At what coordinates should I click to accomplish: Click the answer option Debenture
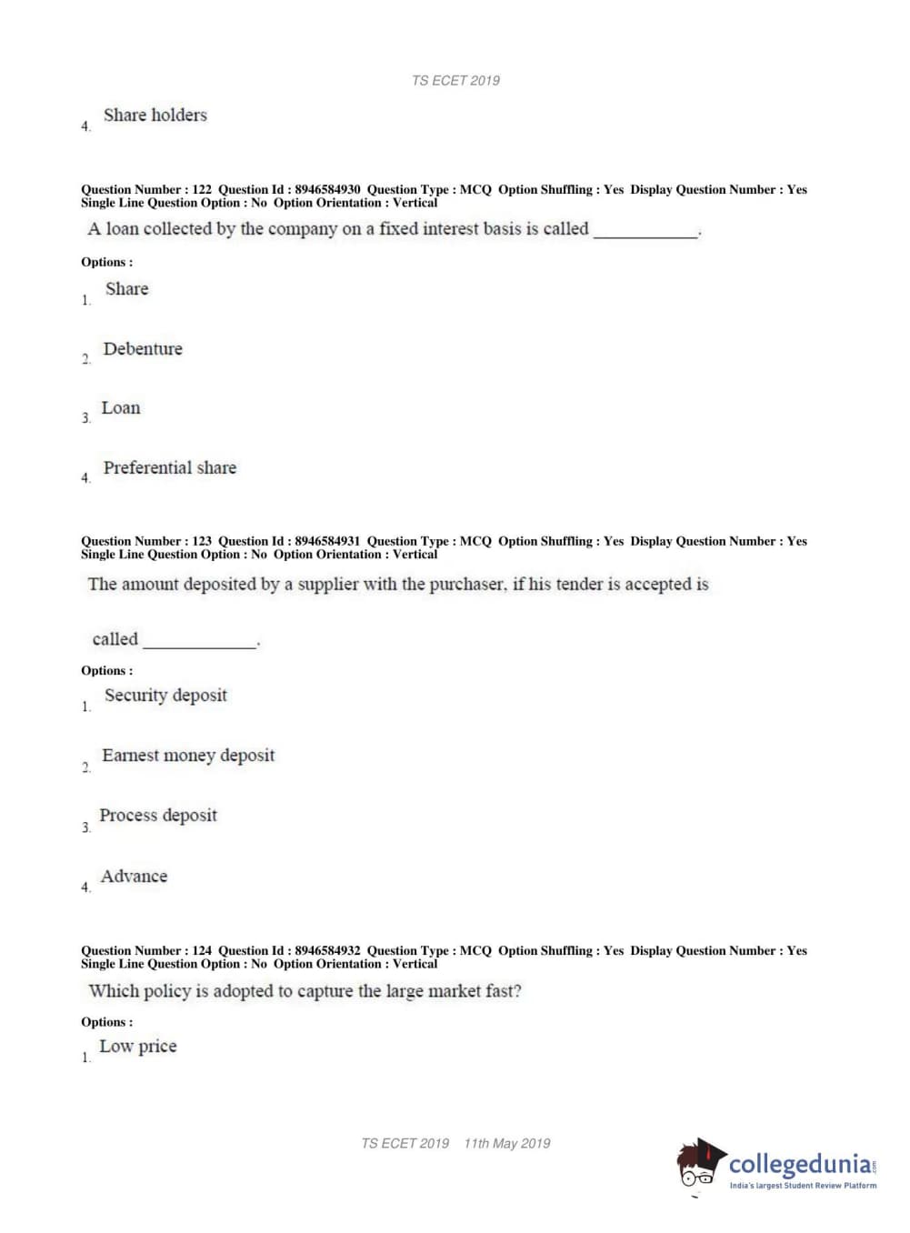pyautogui.click(x=143, y=349)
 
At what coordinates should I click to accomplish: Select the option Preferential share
pyautogui.click(x=169, y=468)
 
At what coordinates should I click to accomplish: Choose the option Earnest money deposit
pyautogui.click(x=187, y=756)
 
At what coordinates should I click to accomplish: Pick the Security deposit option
pyautogui.click(x=165, y=696)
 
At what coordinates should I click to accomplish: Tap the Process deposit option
pyautogui.click(x=158, y=816)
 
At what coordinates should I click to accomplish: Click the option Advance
pyautogui.click(x=134, y=877)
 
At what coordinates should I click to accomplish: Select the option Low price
pyautogui.click(x=137, y=1047)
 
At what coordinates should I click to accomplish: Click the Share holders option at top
pyautogui.click(x=155, y=115)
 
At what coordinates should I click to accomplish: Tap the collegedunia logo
pyautogui.click(x=776, y=1166)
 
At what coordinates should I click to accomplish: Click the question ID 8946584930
pyautogui.click(x=327, y=190)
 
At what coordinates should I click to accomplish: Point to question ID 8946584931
pyautogui.click(x=327, y=541)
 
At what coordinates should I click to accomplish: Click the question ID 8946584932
pyautogui.click(x=327, y=951)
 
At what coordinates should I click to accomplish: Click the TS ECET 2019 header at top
pyautogui.click(x=455, y=81)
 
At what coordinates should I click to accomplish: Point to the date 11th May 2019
pyautogui.click(x=506, y=1144)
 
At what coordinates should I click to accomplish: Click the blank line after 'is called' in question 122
pyautogui.click(x=645, y=235)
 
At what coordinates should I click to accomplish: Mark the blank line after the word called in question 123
pyautogui.click(x=200, y=645)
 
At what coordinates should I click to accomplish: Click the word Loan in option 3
pyautogui.click(x=121, y=408)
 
